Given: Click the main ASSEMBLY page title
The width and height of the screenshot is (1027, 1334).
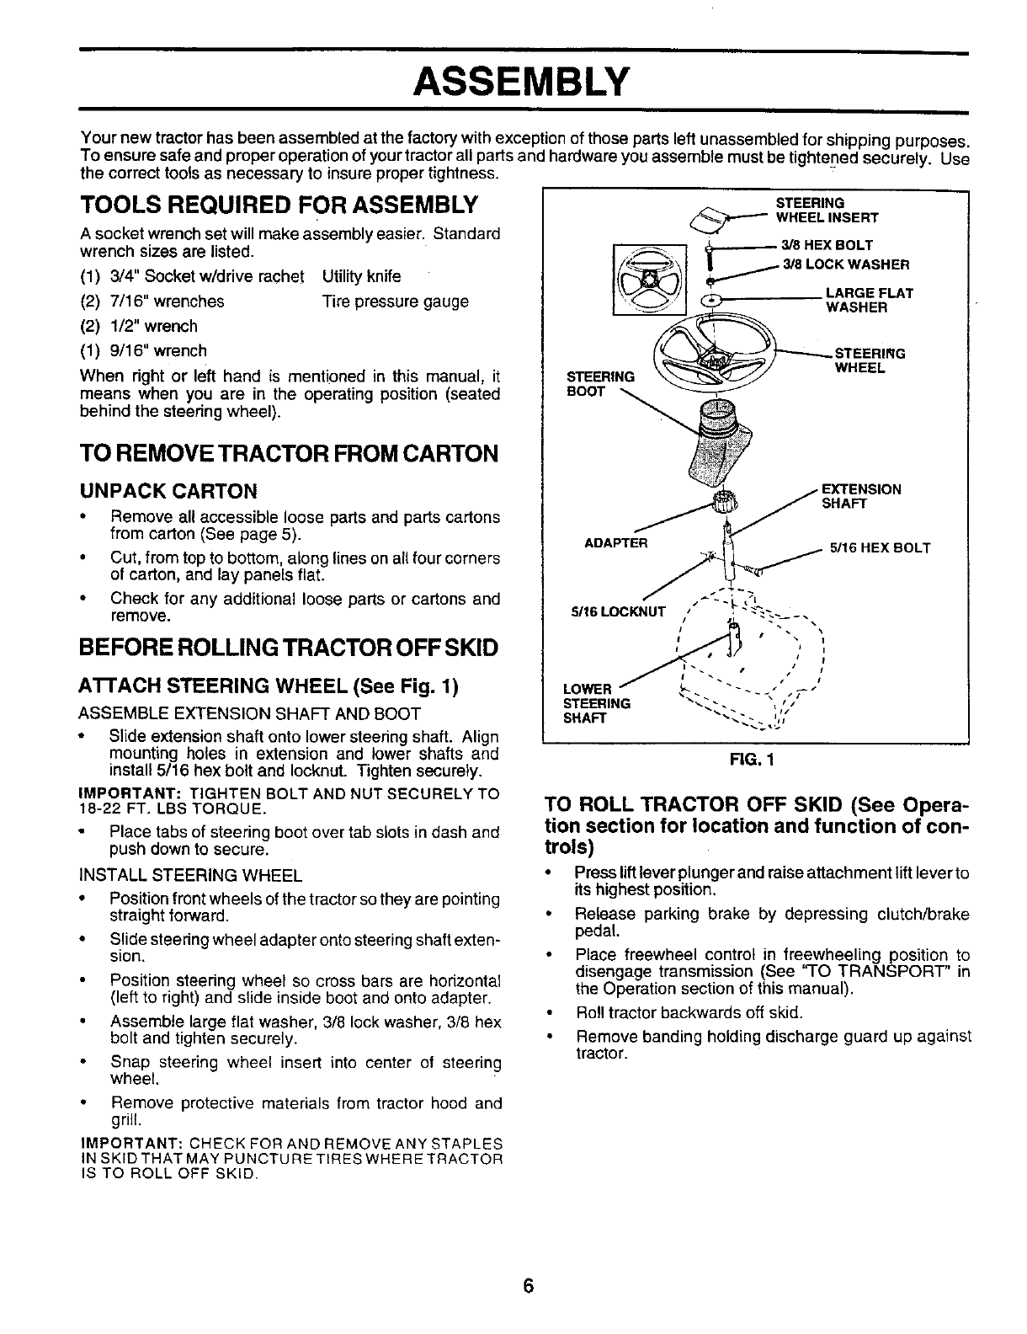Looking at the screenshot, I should coord(521,82).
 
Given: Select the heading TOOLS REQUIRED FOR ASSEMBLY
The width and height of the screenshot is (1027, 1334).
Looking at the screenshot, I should coord(279,205).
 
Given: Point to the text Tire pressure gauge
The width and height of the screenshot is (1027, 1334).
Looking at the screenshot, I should coord(395,301).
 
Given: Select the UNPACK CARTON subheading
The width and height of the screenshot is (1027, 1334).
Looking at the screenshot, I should coord(168,491).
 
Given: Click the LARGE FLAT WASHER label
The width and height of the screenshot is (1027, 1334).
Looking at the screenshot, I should coord(869,300).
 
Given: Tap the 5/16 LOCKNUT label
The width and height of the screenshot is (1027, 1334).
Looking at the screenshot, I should coord(617,611).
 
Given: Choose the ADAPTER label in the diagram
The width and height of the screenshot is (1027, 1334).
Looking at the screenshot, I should coord(615,543).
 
